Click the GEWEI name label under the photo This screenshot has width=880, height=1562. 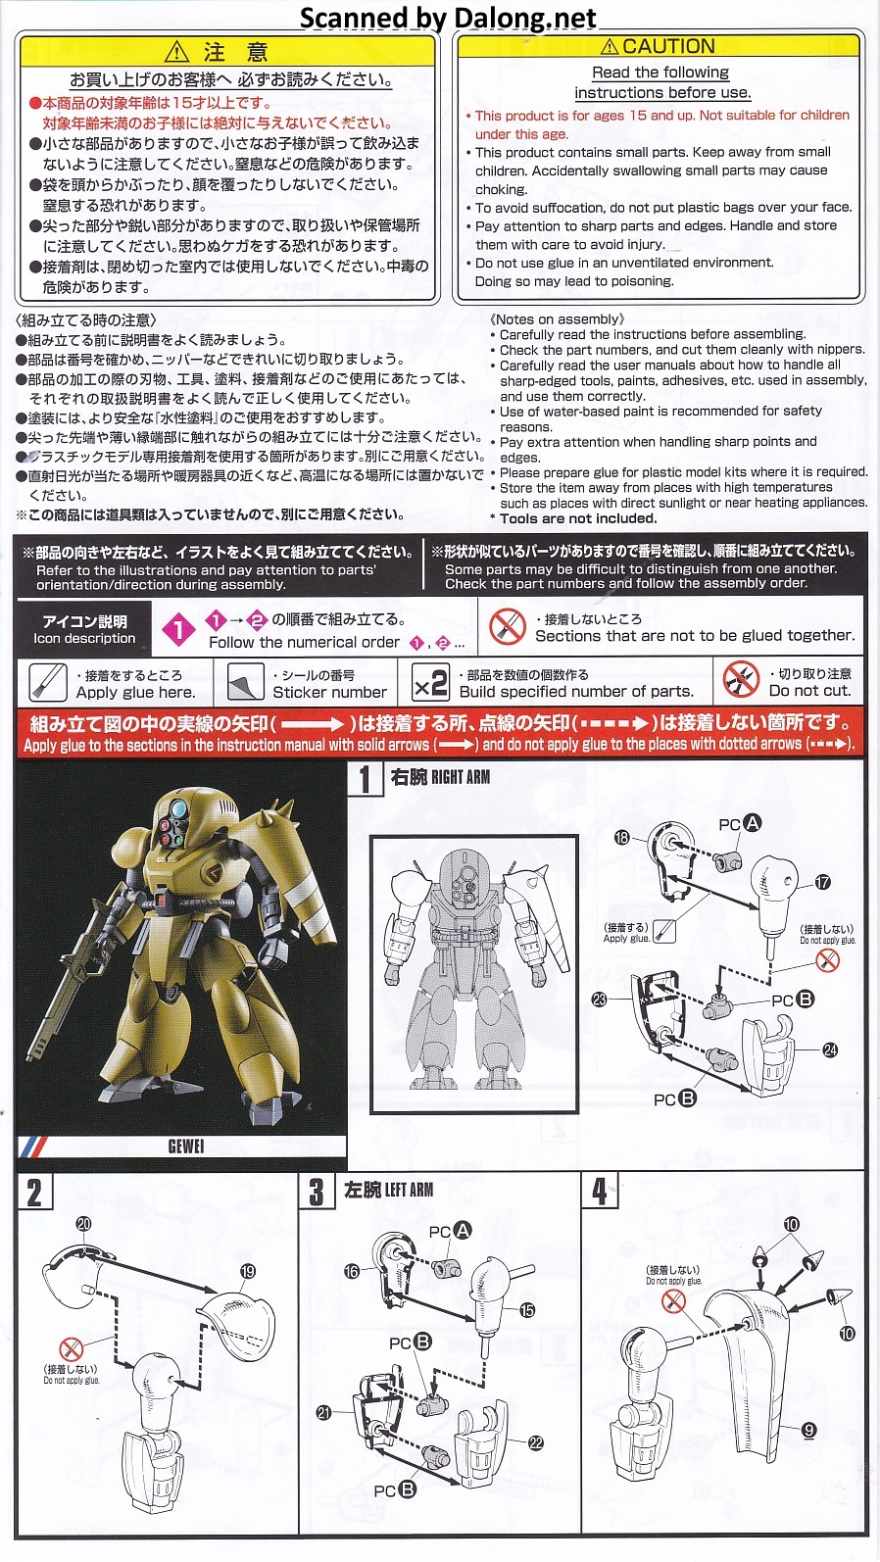tap(186, 1147)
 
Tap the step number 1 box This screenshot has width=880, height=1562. tap(366, 778)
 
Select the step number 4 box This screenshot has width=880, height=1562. tap(600, 1191)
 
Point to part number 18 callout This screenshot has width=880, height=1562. tap(621, 838)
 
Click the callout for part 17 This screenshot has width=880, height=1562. tap(823, 882)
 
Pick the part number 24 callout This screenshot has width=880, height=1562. tap(830, 1050)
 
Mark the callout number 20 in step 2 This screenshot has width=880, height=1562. tap(83, 1224)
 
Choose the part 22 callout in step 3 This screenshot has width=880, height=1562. tap(535, 1442)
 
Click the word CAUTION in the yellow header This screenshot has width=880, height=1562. tap(668, 46)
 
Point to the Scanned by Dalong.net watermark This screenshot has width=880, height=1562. tap(448, 17)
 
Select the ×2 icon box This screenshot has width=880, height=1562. tap(430, 682)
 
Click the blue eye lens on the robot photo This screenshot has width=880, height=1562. tap(179, 809)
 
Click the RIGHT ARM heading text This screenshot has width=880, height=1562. tap(461, 777)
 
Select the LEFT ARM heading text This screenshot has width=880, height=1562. tap(408, 1190)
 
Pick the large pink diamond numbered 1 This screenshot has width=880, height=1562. tap(178, 630)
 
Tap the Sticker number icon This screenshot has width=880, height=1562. tap(246, 681)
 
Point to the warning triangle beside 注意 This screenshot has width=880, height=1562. tap(177, 51)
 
